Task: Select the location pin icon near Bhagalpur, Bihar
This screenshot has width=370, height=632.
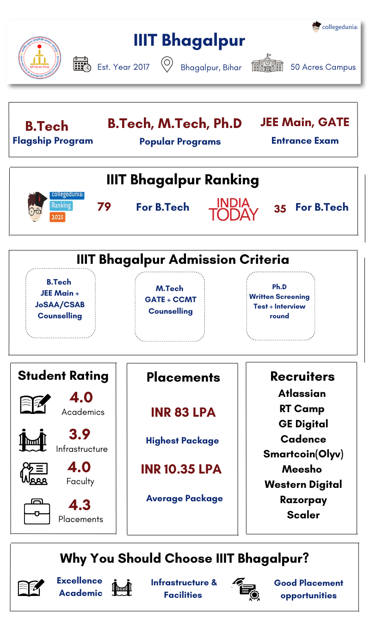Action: point(166,65)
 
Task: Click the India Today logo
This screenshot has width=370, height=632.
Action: point(233,209)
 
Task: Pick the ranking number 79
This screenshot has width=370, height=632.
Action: point(104,207)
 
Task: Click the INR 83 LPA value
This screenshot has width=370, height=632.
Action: point(183,413)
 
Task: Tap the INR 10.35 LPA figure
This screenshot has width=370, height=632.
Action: point(181,469)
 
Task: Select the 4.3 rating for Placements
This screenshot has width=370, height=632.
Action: point(80,504)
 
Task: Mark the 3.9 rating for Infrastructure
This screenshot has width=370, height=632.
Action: point(80,434)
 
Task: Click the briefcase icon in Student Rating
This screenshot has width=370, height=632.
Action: point(37,511)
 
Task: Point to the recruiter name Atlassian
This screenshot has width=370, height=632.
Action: point(302,394)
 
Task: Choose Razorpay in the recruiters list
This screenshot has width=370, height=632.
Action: point(303,500)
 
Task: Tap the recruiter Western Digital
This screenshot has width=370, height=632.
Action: point(303,485)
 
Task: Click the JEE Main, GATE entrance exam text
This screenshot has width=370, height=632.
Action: point(305,122)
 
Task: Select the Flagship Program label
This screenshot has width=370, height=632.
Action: point(53,141)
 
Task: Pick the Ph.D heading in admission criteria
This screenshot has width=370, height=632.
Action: point(279,287)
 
